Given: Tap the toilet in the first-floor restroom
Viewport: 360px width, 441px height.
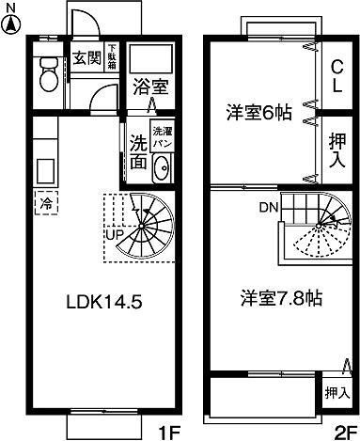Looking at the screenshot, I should coord(48,75).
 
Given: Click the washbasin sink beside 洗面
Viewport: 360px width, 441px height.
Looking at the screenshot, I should coord(161,169).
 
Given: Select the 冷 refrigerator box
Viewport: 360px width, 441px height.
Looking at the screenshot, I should coord(45,200).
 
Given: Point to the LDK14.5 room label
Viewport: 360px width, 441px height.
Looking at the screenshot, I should coord(103,303).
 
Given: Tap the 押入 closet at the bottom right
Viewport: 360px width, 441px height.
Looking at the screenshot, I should coord(334,393).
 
